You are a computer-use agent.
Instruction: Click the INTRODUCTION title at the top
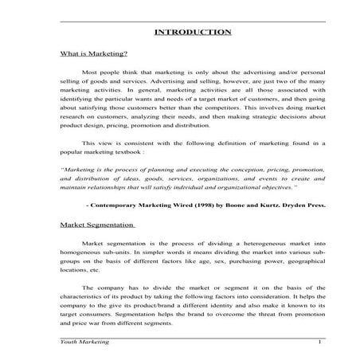[194, 32]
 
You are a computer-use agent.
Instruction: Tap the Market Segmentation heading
[97, 225]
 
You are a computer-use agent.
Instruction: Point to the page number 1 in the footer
[319, 342]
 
